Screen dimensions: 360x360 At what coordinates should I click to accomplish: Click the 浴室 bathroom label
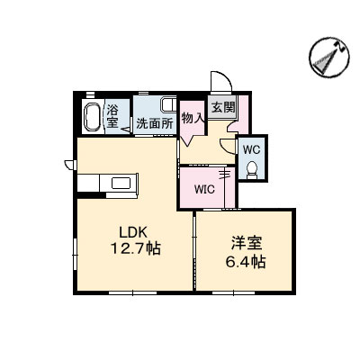113,116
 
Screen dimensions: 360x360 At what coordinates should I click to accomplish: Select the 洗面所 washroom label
155,123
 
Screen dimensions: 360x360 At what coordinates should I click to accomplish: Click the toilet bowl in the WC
252,168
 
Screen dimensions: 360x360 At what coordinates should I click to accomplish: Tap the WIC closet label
205,189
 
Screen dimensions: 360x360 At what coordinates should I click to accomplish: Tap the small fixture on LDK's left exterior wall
69,163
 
